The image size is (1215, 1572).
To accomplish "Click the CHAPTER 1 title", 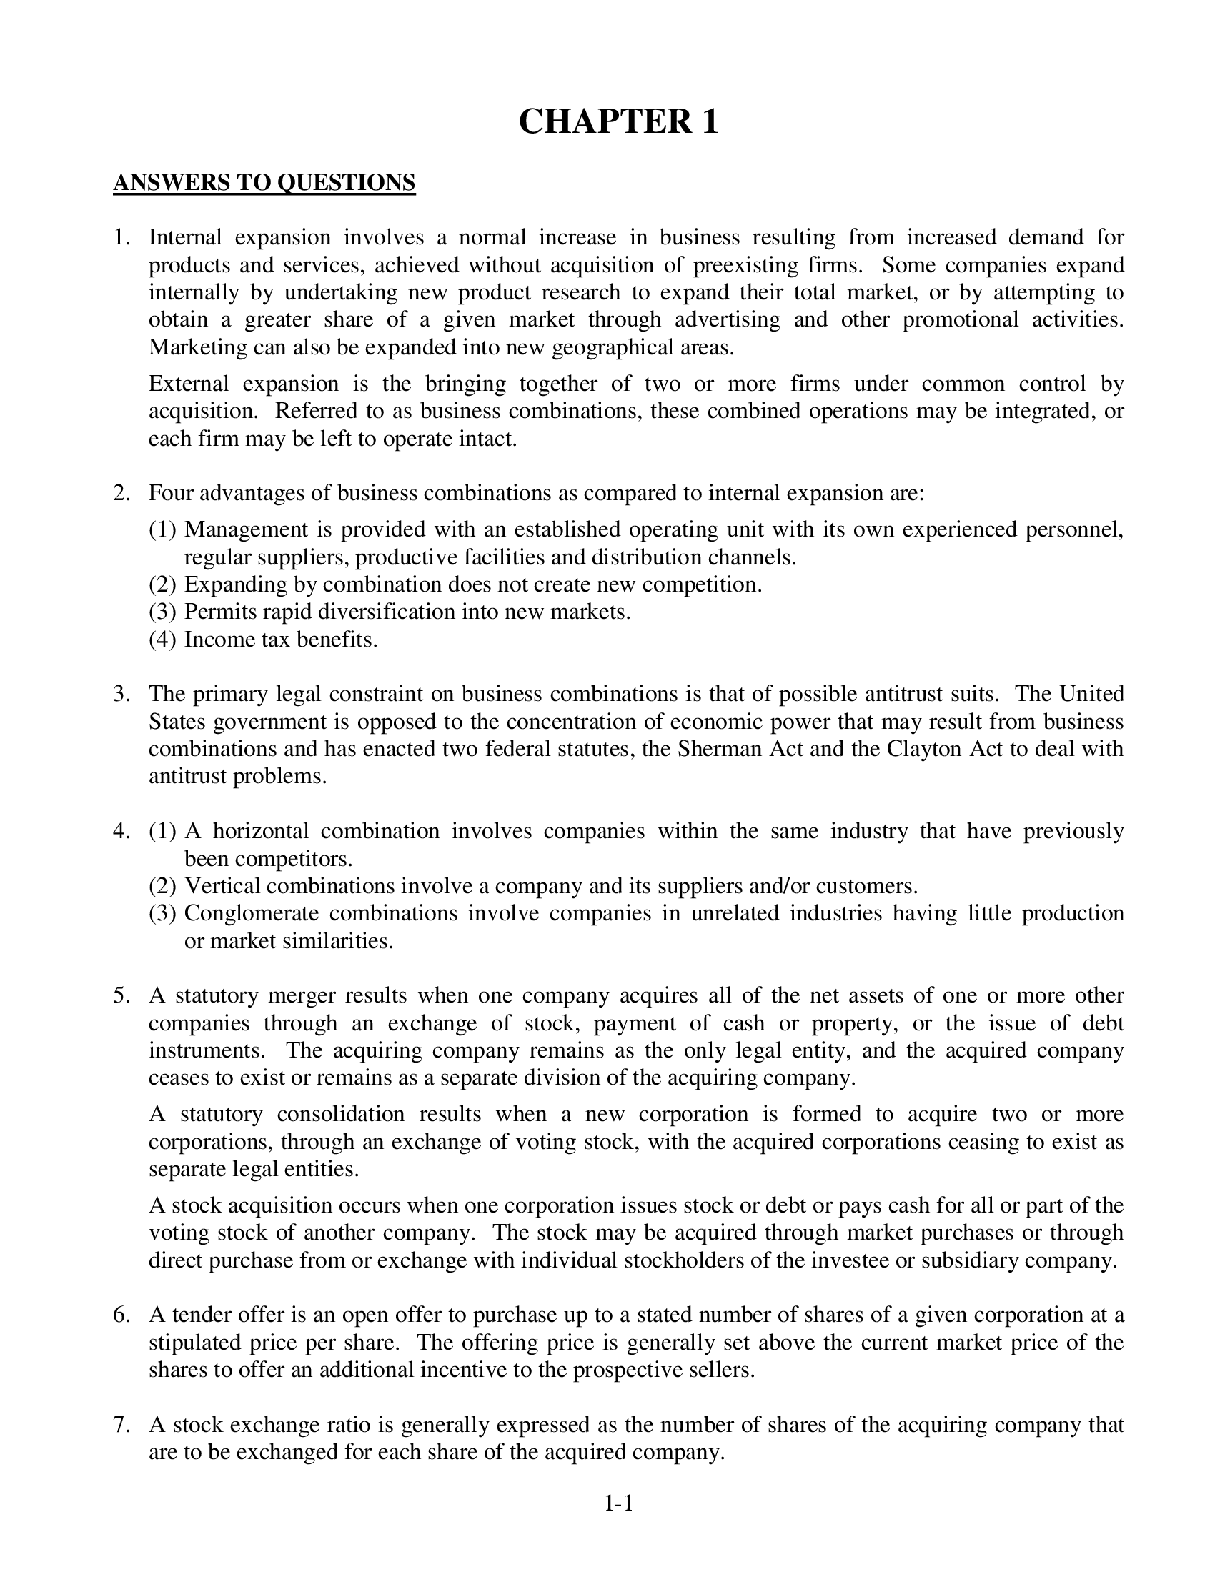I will click(x=618, y=121).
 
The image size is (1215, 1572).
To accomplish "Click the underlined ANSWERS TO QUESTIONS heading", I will click(x=264, y=183).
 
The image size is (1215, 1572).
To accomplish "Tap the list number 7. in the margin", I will click(x=121, y=1424).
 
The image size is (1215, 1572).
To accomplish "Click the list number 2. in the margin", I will click(x=121, y=493).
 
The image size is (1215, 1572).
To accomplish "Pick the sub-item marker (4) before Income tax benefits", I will click(x=163, y=640).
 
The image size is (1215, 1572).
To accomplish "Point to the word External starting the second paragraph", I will click(x=189, y=384).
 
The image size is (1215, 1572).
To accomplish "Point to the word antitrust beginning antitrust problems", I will click(x=187, y=776).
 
